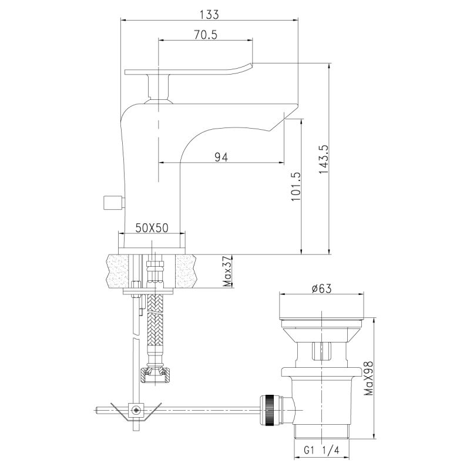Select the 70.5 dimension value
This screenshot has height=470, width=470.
206,35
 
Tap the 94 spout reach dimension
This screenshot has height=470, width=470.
221,156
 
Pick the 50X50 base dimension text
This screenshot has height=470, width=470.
152,228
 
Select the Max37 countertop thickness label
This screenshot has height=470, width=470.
227,272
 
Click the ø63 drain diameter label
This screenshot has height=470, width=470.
323,288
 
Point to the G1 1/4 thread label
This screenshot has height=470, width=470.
322,451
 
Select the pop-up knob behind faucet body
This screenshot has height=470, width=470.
112,203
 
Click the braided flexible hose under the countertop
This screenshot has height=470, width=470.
155,323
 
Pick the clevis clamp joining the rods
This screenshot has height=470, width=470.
136,409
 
